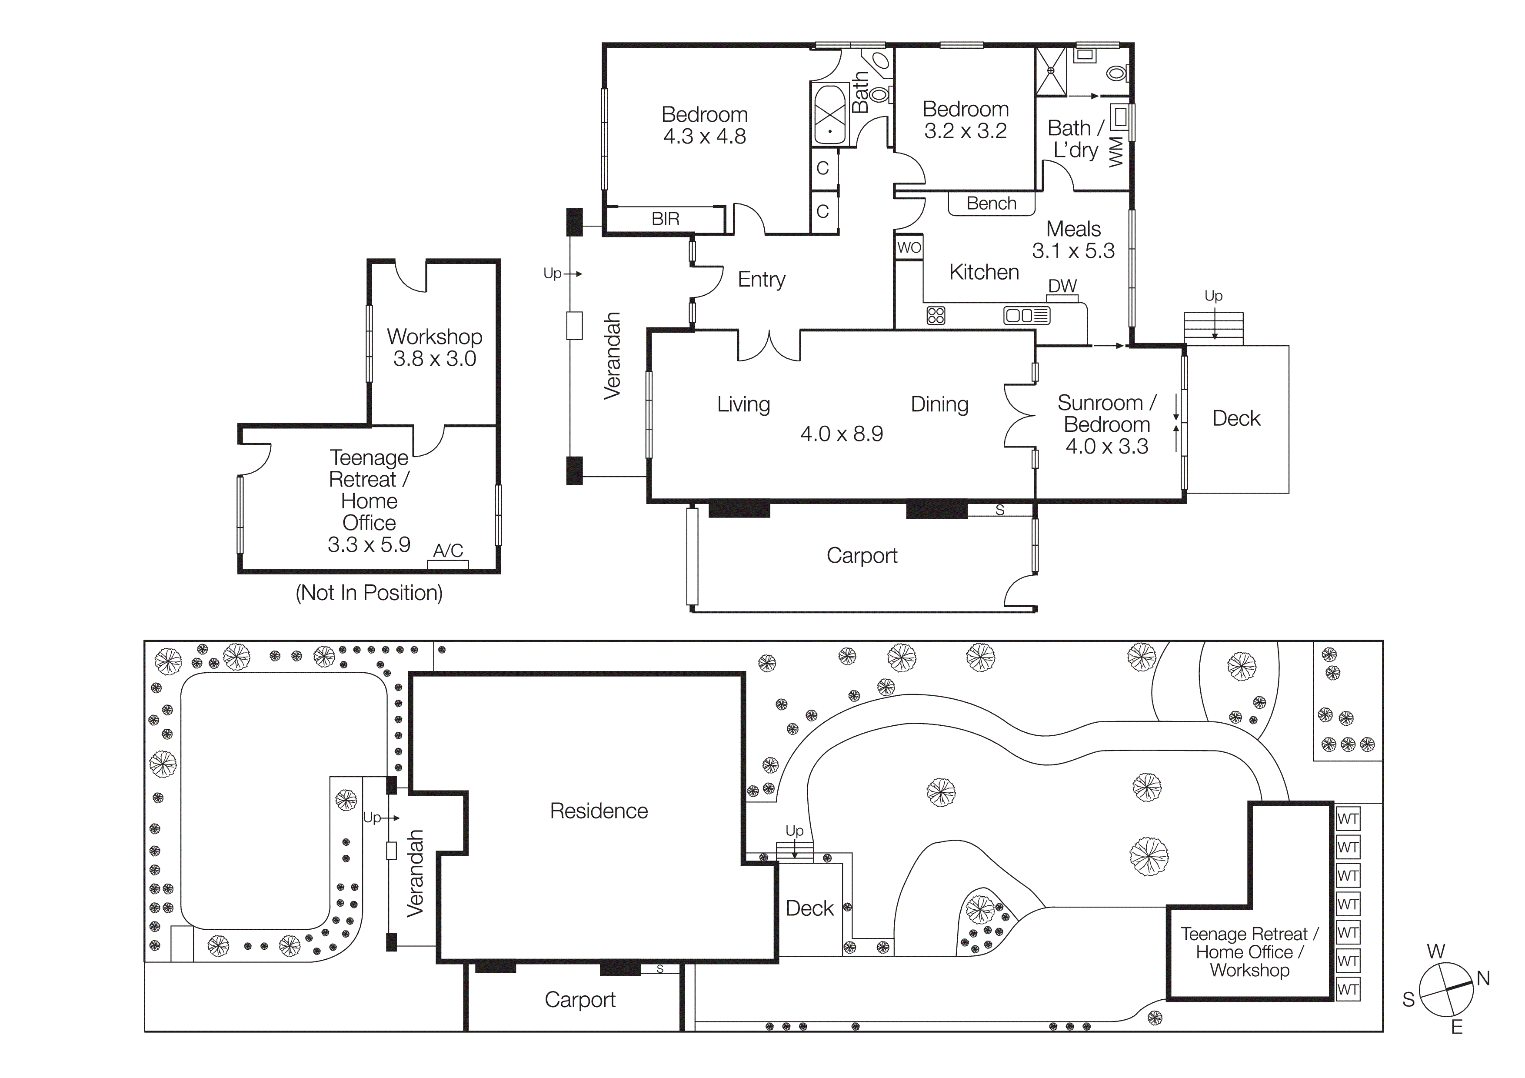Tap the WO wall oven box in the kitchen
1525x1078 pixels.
pos(909,248)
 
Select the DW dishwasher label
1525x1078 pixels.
pos(1062,286)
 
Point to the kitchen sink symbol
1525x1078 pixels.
pos(1026,316)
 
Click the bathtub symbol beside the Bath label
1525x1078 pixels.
pos(829,114)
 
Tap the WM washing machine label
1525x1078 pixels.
pos(1116,151)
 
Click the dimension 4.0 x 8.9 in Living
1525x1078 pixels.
pos(842,434)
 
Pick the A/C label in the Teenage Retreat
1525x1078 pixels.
pos(448,551)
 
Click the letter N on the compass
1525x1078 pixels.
pos(1483,978)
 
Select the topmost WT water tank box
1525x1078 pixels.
pos(1348,819)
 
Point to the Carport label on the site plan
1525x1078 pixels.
pos(580,1000)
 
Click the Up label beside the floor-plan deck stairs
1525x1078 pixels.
pos(1213,296)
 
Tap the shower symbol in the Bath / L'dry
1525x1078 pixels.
pos(1052,70)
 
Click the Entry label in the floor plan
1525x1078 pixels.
pos(761,280)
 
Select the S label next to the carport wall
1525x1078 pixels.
pos(999,510)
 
